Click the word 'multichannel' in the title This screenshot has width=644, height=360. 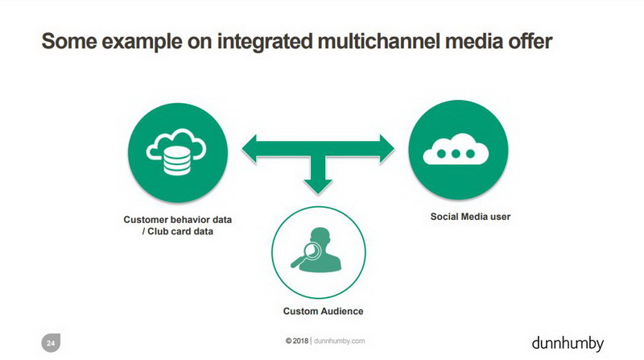[378, 41]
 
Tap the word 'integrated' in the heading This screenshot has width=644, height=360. [264, 43]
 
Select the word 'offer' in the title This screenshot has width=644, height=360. [530, 41]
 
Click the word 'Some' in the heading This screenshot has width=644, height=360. [69, 41]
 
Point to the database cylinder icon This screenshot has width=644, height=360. [177, 161]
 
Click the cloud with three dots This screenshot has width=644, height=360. [456, 149]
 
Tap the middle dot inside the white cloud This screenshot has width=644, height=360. [456, 154]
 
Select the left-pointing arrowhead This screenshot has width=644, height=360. [250, 149]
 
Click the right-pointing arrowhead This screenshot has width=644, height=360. [386, 149]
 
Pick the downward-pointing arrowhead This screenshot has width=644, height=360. [318, 187]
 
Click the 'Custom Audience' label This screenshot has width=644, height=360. [324, 311]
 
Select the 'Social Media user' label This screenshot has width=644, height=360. [470, 217]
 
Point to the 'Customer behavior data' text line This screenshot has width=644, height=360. [178, 219]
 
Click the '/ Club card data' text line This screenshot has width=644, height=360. [178, 231]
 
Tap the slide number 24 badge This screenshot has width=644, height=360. [51, 343]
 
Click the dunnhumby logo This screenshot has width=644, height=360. [568, 344]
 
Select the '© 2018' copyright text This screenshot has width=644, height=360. [296, 341]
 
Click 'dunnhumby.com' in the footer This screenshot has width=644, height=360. [339, 341]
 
